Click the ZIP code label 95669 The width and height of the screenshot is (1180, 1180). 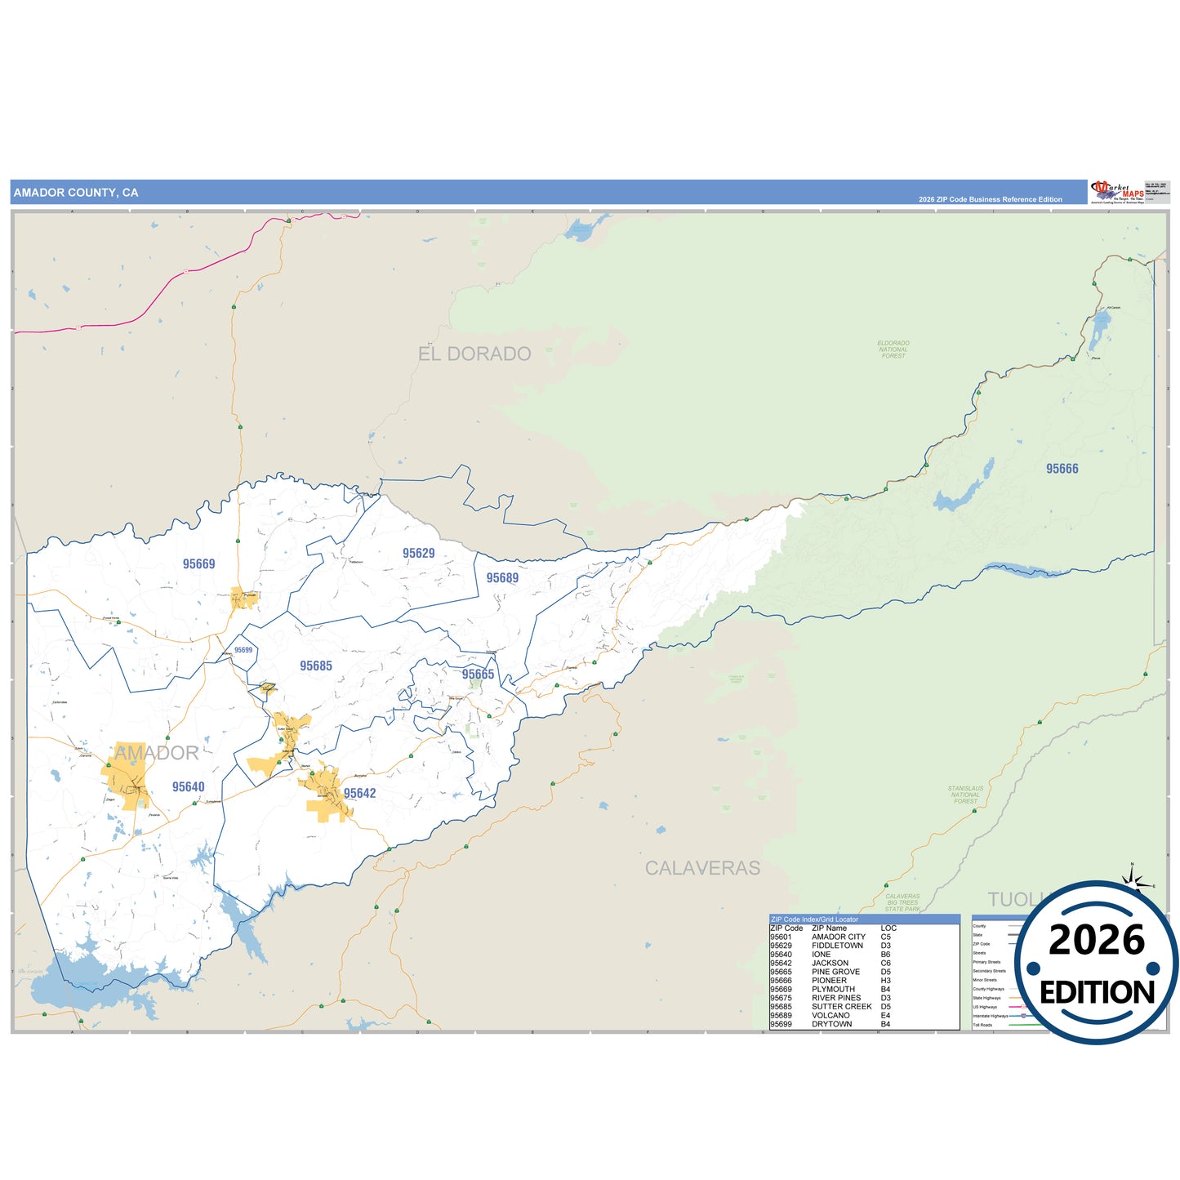198,564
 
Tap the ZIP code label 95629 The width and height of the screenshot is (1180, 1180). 418,554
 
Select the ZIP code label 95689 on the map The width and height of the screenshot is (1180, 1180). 502,578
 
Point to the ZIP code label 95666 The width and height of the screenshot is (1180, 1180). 1062,469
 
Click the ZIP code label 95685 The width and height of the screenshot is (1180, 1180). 315,666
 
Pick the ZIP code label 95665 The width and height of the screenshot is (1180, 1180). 478,675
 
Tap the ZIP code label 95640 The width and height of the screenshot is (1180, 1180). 188,787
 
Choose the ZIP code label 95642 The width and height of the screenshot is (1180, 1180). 359,794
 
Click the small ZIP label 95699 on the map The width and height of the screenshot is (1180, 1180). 243,650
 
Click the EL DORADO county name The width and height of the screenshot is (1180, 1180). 474,354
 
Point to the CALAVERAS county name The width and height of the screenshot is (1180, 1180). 702,868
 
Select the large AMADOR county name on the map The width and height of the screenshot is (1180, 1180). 156,753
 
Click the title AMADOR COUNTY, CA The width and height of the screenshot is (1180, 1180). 76,193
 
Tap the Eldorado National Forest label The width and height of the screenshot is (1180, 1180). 893,350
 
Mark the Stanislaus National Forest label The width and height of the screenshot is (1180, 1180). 965,795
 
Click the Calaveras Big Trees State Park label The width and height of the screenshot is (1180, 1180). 902,902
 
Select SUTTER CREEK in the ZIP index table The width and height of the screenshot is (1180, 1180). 841,1007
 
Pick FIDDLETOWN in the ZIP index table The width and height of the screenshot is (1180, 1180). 837,946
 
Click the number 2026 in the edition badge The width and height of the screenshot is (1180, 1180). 1096,941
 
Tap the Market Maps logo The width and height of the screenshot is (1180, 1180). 1116,192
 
